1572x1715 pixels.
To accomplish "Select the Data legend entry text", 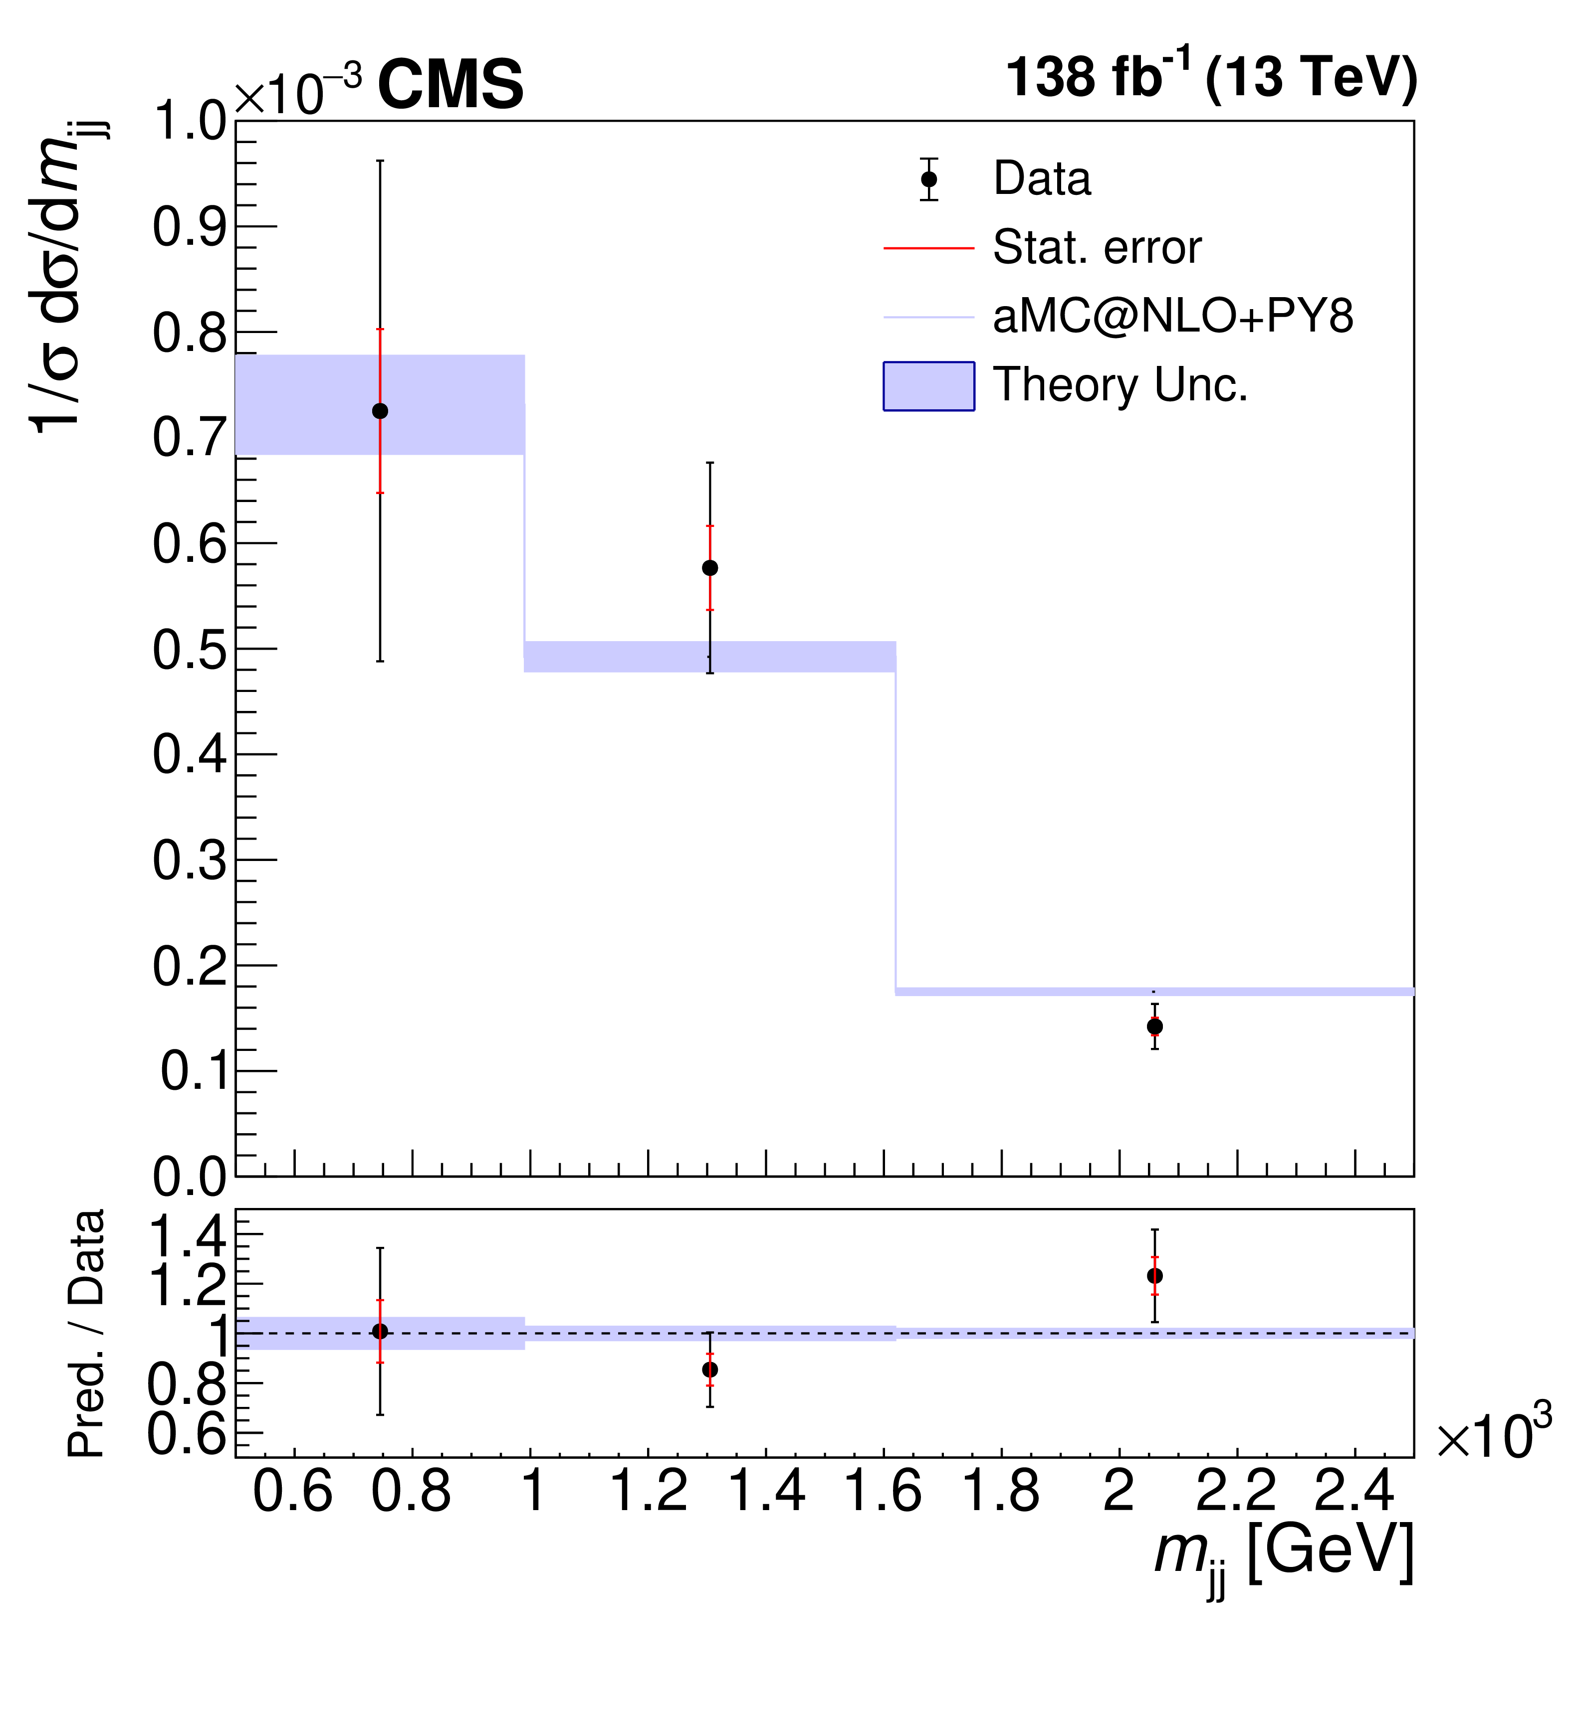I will pos(1042,179).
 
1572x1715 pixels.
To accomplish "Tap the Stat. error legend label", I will pos(1097,248).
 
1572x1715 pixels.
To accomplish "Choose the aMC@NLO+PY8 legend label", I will pos(1173,317).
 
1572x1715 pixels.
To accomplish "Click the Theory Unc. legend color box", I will pos(928,386).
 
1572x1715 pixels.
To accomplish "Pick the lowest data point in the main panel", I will pos(1155,1027).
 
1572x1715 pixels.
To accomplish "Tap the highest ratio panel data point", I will pos(1155,1276).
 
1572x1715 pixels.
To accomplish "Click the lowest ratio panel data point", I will pos(710,1370).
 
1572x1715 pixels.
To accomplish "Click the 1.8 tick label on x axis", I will pos(1001,1494).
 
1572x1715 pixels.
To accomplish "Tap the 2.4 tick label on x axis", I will pos(1354,1494).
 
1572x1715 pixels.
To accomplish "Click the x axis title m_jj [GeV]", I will pos(1284,1555).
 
